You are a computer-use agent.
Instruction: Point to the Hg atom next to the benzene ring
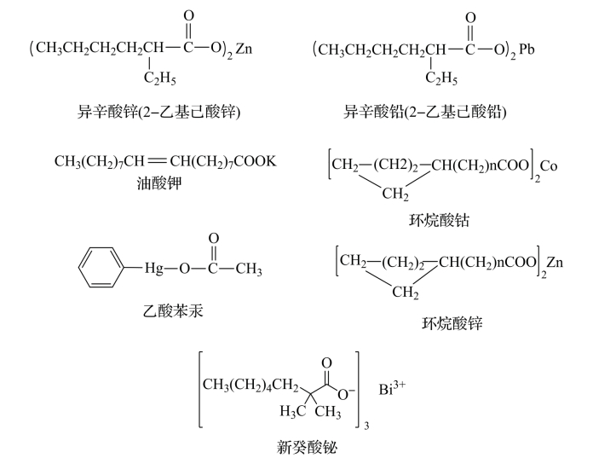click(153, 270)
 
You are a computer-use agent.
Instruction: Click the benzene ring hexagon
click(101, 270)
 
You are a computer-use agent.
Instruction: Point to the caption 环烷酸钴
click(440, 221)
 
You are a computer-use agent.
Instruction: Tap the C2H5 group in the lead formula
click(441, 79)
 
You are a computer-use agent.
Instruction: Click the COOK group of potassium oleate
click(256, 162)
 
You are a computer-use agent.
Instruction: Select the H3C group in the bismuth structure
click(293, 413)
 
